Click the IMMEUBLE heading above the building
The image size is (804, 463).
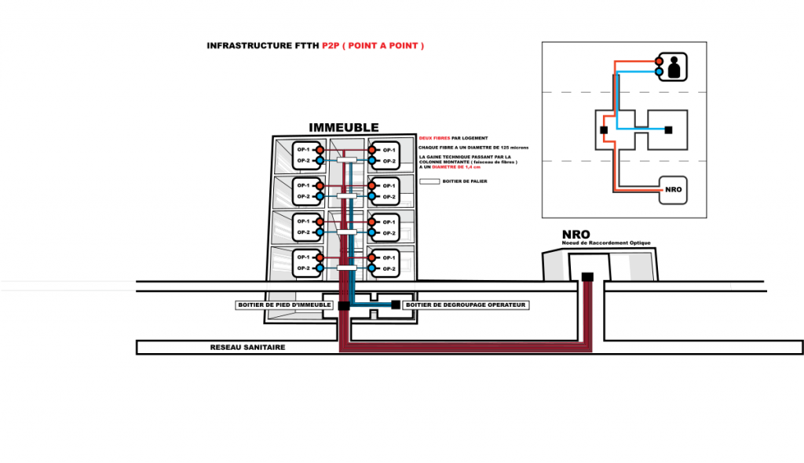pyautogui.click(x=344, y=128)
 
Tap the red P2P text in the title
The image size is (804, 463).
pyautogui.click(x=330, y=46)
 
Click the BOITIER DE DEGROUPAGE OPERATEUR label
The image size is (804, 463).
pyautogui.click(x=466, y=304)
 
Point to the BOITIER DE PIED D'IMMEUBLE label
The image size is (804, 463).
pyautogui.click(x=284, y=304)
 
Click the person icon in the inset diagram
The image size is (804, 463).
pyautogui.click(x=673, y=66)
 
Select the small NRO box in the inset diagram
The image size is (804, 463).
pyautogui.click(x=672, y=190)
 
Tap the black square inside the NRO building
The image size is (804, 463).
pyautogui.click(x=587, y=276)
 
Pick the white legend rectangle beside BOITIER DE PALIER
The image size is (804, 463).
pyautogui.click(x=429, y=180)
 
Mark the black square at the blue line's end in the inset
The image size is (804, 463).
pyautogui.click(x=667, y=129)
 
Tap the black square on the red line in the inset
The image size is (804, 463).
pyautogui.click(x=604, y=129)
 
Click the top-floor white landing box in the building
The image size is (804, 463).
pyautogui.click(x=347, y=159)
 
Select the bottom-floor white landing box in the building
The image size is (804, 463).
pyautogui.click(x=347, y=268)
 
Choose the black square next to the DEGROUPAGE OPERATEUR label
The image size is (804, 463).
pyautogui.click(x=395, y=304)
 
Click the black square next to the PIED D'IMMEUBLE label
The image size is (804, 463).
pyautogui.click(x=343, y=304)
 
